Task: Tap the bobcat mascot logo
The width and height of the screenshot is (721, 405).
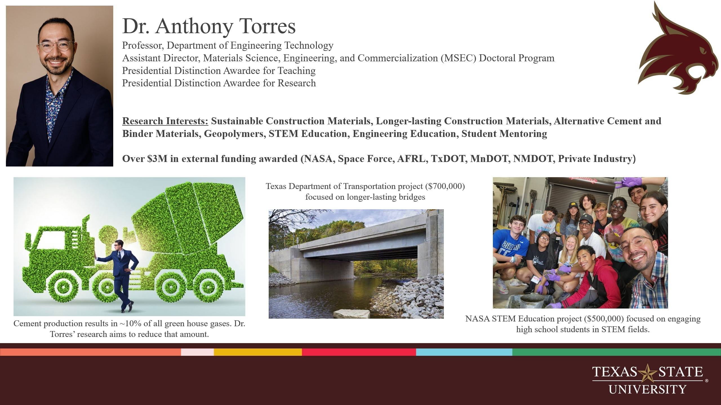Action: [679, 51]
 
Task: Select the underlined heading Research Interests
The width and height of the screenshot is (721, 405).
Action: [165, 121]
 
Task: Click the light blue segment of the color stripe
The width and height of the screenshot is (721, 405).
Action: [464, 352]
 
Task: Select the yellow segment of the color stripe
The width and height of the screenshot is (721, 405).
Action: [258, 352]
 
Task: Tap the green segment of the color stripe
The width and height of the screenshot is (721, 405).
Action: [616, 352]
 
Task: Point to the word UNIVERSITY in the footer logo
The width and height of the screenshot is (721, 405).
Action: [647, 390]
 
